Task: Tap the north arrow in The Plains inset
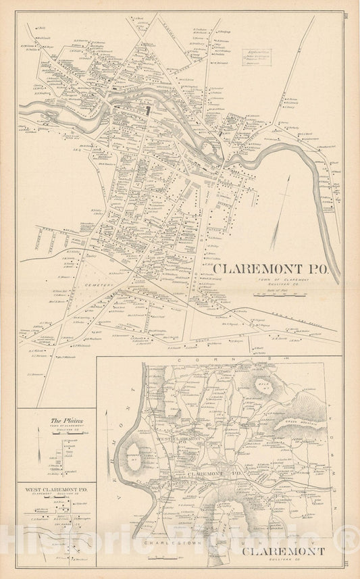pyautogui.click(x=39, y=451)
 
